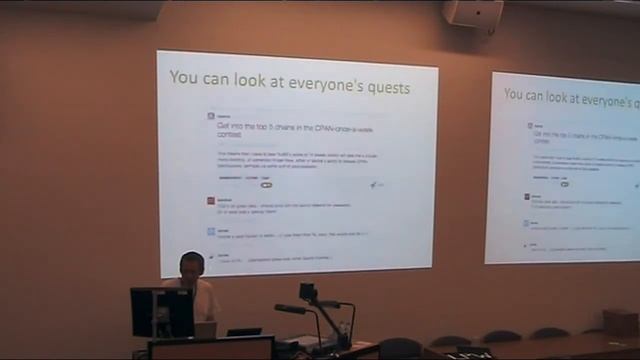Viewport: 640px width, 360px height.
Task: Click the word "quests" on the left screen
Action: [384, 88]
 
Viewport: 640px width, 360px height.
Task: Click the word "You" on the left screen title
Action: [182, 77]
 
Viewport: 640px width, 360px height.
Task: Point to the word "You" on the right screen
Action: [515, 95]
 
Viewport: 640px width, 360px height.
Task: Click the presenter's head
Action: [192, 264]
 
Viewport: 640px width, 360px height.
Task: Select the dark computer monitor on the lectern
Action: [161, 311]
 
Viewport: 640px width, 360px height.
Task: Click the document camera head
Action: [308, 292]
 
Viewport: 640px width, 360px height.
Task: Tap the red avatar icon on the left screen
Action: [211, 200]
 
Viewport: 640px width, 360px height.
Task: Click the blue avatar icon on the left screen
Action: [211, 231]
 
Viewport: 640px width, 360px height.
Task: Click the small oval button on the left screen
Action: [266, 185]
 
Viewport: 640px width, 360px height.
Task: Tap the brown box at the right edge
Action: [620, 321]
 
